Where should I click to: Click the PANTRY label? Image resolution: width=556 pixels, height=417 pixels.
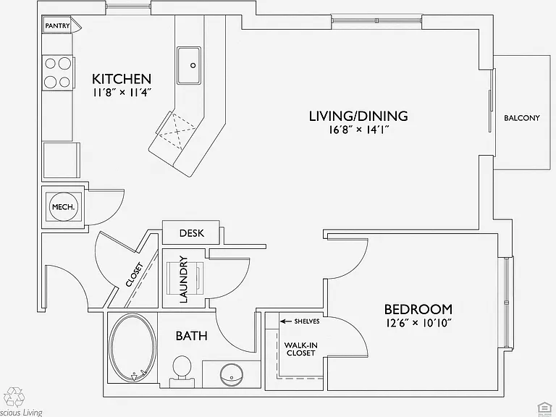point(57,26)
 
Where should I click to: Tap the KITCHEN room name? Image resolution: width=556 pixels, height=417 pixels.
point(122,78)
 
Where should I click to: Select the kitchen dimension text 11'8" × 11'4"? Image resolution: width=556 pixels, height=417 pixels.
point(122,93)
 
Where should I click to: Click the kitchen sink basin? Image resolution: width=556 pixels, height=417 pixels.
point(189,65)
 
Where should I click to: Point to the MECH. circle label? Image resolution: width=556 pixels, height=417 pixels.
point(64,207)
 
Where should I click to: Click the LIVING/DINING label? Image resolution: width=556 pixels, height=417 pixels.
point(358,116)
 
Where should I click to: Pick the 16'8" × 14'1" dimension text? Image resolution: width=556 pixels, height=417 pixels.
point(359,130)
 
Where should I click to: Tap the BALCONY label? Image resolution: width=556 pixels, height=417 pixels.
point(522,118)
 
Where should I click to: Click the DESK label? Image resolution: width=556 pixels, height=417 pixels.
point(191,233)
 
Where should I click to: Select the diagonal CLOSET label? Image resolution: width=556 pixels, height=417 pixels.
point(135,274)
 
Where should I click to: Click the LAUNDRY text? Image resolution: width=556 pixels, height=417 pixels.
point(183,279)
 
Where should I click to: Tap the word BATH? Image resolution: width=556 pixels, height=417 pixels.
point(191,336)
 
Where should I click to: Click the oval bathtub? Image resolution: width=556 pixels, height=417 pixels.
point(132,347)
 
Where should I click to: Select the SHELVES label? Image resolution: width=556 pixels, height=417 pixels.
point(307,321)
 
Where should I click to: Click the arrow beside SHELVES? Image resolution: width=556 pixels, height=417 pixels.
point(286,321)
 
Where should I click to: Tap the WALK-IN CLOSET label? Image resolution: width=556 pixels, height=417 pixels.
point(300,349)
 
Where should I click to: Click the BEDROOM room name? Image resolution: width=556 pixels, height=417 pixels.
point(418,309)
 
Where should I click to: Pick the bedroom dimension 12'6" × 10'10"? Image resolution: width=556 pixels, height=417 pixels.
point(418,323)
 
